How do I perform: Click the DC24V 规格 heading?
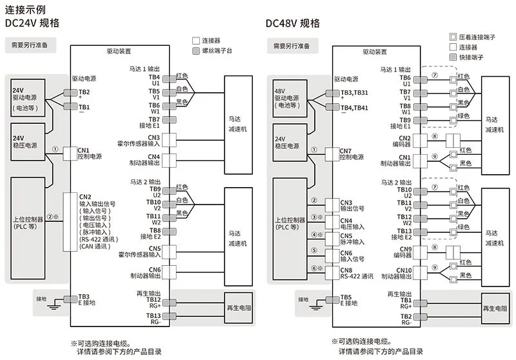click(x=32, y=23)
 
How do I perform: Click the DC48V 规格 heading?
click(x=293, y=23)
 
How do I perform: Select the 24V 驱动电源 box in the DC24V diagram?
click(x=28, y=97)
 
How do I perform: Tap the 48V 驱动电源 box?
click(x=290, y=99)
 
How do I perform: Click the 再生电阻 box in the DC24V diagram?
click(x=239, y=308)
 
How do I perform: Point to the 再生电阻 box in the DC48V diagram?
click(x=495, y=308)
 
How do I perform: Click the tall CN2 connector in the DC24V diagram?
click(x=70, y=222)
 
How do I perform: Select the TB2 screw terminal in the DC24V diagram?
click(x=70, y=92)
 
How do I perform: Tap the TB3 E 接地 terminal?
click(x=70, y=299)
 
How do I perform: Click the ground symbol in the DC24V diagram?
click(x=54, y=305)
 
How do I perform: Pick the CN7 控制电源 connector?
click(x=332, y=154)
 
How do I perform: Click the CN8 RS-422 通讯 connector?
click(x=332, y=273)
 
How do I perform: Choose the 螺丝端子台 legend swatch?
click(x=196, y=51)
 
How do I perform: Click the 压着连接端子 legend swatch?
click(x=453, y=37)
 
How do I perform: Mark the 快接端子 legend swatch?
click(x=453, y=57)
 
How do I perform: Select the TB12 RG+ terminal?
click(x=170, y=303)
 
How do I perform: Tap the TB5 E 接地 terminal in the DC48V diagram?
click(x=332, y=300)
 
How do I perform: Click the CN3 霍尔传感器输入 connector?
click(x=169, y=140)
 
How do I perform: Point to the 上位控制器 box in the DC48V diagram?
click(x=290, y=228)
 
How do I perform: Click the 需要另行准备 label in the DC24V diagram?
click(x=30, y=45)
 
